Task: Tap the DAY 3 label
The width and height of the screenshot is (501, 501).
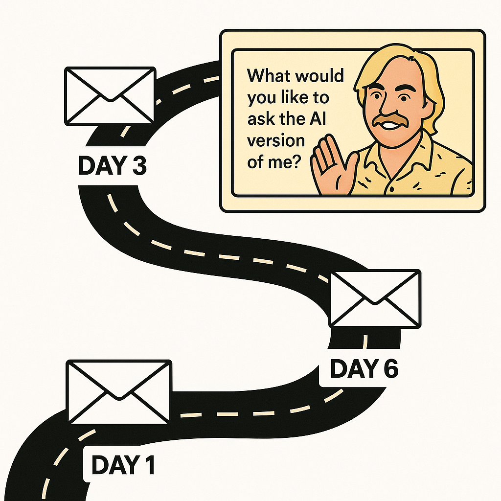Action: [112, 166]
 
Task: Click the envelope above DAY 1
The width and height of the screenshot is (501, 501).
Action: [119, 391]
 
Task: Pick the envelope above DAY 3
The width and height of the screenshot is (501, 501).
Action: [110, 96]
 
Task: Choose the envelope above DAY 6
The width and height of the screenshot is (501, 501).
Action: [375, 298]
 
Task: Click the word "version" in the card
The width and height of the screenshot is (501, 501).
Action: [275, 141]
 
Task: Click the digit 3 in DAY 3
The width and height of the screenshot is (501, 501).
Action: [138, 166]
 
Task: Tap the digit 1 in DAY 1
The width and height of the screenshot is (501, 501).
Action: [148, 465]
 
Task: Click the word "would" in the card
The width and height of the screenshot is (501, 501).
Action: [320, 77]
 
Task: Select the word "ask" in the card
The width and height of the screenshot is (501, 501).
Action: [260, 119]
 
